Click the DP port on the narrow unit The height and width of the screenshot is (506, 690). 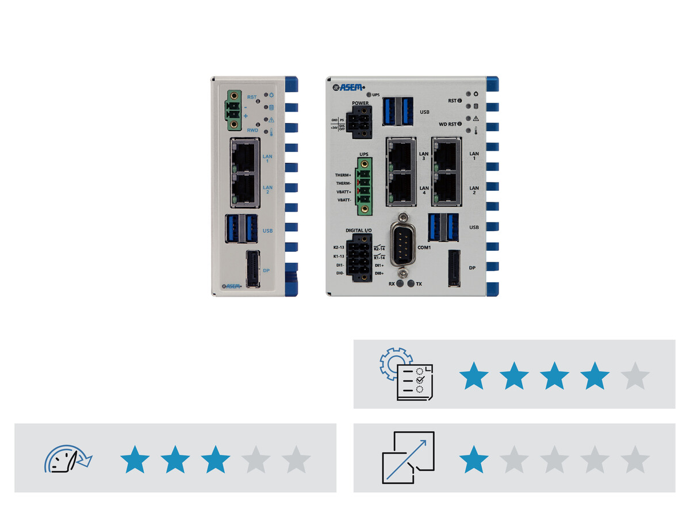pyautogui.click(x=252, y=269)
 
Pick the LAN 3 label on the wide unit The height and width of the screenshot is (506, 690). pyautogui.click(x=423, y=155)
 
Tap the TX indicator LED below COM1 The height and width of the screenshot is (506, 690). pyautogui.click(x=411, y=284)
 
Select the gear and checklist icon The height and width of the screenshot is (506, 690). pyautogui.click(x=406, y=374)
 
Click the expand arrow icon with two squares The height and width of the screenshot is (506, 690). pyautogui.click(x=408, y=458)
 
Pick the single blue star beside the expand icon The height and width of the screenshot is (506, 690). pyautogui.click(x=474, y=459)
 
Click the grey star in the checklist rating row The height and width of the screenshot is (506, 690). pyautogui.click(x=635, y=376)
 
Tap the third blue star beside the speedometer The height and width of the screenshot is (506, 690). pyautogui.click(x=216, y=459)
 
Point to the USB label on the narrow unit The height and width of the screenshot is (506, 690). pyautogui.click(x=267, y=231)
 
